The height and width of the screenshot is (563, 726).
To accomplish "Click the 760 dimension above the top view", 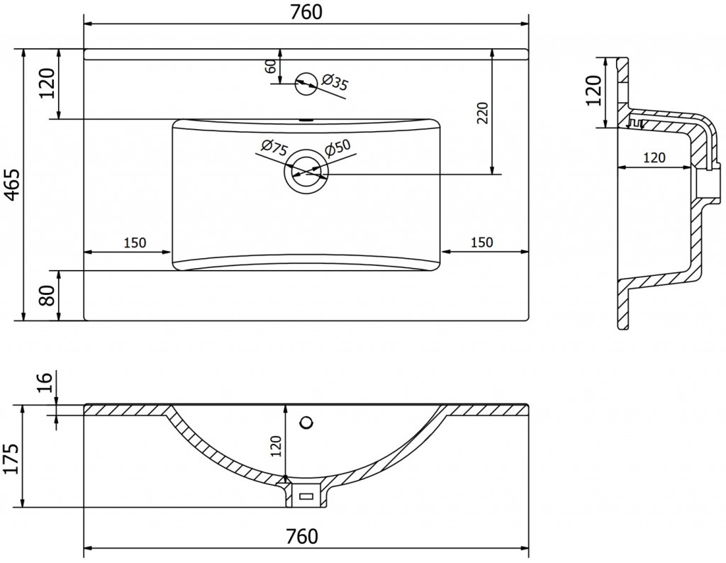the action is point(306,12).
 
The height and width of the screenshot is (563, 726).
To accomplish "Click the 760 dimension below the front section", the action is point(302,537).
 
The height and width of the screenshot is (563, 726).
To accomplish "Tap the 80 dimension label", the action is point(47,295).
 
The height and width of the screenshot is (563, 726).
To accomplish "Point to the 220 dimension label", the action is point(482,113).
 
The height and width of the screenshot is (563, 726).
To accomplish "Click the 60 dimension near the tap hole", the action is point(272,66).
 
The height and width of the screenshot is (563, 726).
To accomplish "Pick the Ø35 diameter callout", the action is point(334,82).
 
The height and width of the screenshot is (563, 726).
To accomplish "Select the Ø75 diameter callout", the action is point(274,148).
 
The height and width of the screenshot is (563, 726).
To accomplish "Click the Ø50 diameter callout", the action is point(337,147).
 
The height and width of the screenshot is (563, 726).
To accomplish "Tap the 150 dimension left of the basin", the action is point(135,242).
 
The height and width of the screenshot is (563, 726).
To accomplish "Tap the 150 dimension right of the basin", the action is point(482,242).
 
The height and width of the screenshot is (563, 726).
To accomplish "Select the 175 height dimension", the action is point(12,459).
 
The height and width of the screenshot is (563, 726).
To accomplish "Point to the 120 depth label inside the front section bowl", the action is point(276,446).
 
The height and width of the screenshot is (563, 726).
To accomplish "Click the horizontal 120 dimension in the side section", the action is point(654,157).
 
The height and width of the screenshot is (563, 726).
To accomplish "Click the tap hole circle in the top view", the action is point(306,84).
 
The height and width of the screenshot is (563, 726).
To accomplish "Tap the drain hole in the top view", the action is point(306,172).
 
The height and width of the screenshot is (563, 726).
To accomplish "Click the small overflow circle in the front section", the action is point(306,422).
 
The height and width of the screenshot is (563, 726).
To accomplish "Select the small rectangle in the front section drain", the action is point(306,497).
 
